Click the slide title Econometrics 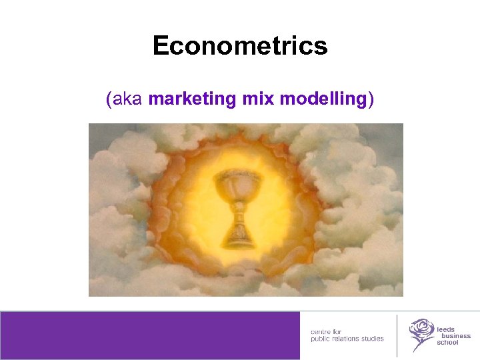coord(240,46)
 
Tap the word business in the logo coord(453,336)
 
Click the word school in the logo coord(447,343)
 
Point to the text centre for coord(326,331)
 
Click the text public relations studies coord(347,339)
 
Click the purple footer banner coord(150,335)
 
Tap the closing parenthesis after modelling coord(371,100)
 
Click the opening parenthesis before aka coord(109,100)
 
